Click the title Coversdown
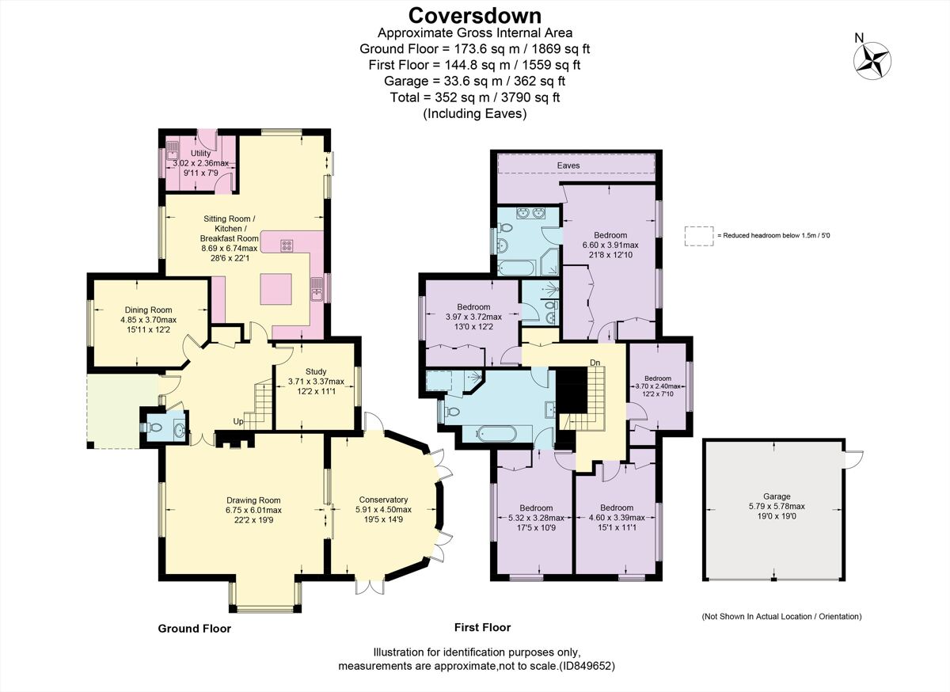pos(475,15)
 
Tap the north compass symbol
pos(872,59)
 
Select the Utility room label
pos(200,153)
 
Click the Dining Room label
pos(147,310)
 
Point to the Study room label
pos(316,371)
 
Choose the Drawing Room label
pos(253,500)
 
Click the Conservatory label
pos(383,500)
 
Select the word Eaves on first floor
pos(567,165)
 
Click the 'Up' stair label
pos(237,420)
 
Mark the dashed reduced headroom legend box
pos(698,235)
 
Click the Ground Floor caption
pos(194,629)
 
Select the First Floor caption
pos(482,627)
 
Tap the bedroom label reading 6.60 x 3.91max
pos(610,235)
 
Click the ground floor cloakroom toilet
pos(155,428)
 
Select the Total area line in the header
pos(475,97)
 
